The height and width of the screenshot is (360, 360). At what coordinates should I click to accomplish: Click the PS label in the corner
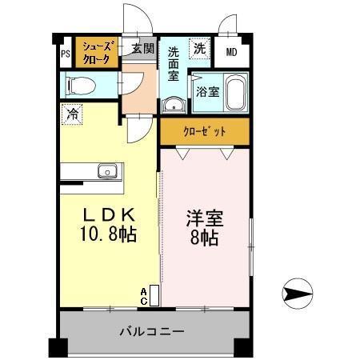[65, 54]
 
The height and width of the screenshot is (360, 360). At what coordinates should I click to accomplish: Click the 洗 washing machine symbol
[198, 47]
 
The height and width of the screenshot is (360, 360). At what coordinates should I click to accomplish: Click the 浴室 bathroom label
[207, 91]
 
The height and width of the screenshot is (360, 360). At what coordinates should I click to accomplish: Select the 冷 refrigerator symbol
[73, 114]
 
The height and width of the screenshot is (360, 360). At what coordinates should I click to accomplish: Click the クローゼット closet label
[205, 131]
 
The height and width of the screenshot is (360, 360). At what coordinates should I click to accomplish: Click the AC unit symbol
[153, 295]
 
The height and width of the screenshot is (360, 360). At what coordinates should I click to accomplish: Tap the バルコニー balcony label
[152, 330]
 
